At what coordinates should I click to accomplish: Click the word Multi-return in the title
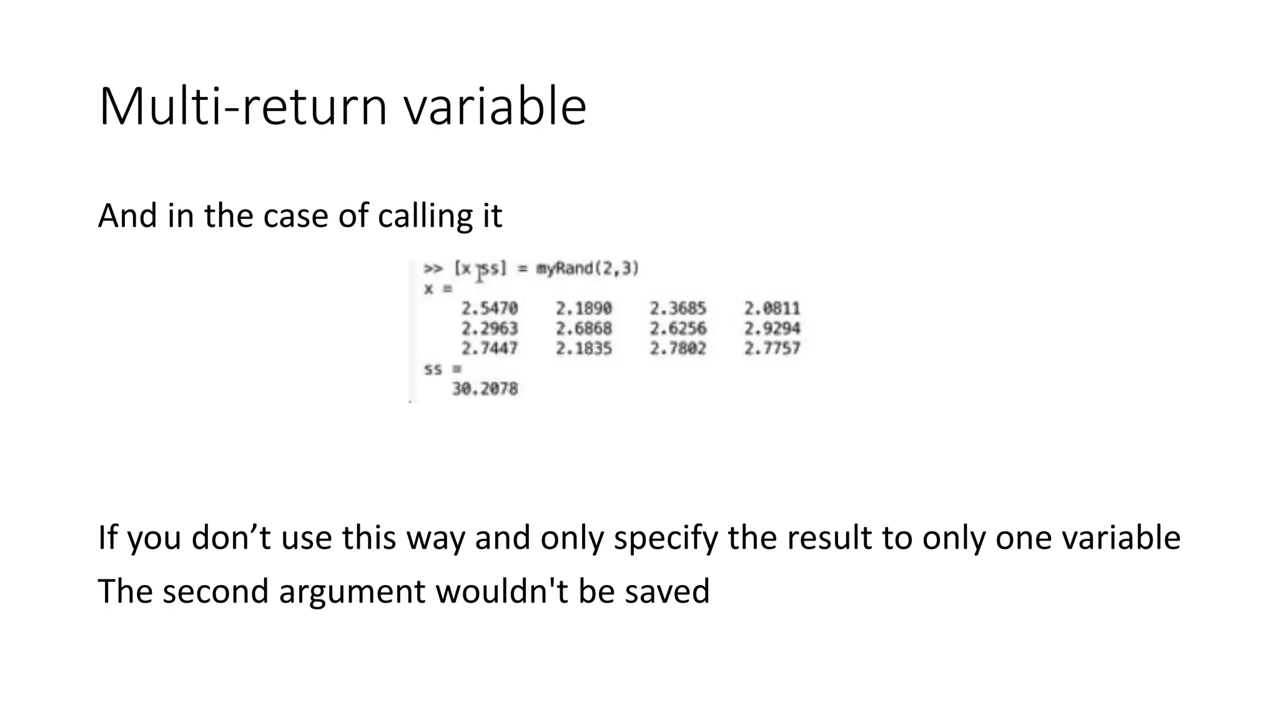(x=244, y=107)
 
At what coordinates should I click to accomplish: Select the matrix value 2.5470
(x=490, y=309)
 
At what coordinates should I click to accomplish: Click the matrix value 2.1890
(x=584, y=309)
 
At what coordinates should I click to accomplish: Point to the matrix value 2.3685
(x=678, y=309)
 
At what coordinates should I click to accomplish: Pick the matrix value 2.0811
(x=772, y=309)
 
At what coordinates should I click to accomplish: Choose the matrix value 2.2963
(x=490, y=329)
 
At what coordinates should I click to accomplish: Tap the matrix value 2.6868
(x=584, y=329)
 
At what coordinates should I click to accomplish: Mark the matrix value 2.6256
(x=678, y=329)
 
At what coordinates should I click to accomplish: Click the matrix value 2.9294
(x=772, y=329)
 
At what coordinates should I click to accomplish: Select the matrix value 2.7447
(x=490, y=349)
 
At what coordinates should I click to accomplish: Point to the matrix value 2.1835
(x=584, y=349)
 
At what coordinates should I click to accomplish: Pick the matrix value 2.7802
(x=678, y=349)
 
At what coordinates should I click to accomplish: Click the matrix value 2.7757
(x=772, y=349)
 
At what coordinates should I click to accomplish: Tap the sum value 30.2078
(x=485, y=389)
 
